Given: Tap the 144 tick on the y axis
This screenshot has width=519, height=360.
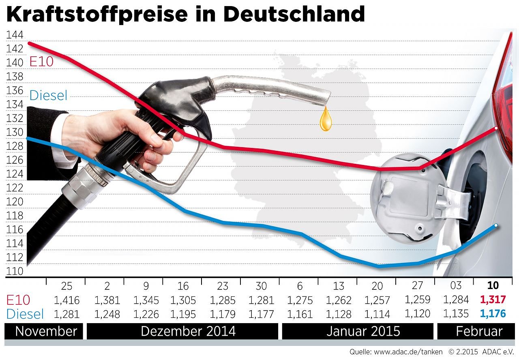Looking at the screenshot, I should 14,35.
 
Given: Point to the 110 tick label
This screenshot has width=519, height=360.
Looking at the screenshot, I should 14,272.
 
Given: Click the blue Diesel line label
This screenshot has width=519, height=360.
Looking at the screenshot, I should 48,96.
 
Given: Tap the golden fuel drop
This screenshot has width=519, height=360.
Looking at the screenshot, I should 326,120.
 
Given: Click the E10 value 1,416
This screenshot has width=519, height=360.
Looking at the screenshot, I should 66,300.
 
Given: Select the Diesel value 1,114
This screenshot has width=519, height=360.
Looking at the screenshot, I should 377,314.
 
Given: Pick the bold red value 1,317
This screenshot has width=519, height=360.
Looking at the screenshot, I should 493,300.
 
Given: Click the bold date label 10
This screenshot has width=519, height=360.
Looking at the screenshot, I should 493,285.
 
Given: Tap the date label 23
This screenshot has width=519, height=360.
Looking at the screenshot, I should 223,286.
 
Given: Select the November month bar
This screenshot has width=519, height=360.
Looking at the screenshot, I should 46,331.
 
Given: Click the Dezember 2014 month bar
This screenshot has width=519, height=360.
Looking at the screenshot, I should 188,331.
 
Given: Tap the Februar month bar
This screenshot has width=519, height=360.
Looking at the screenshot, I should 479,331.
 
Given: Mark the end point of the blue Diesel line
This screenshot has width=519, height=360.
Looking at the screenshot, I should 496,225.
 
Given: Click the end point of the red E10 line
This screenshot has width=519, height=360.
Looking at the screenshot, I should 496,128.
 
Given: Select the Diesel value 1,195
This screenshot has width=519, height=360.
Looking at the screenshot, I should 183,314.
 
